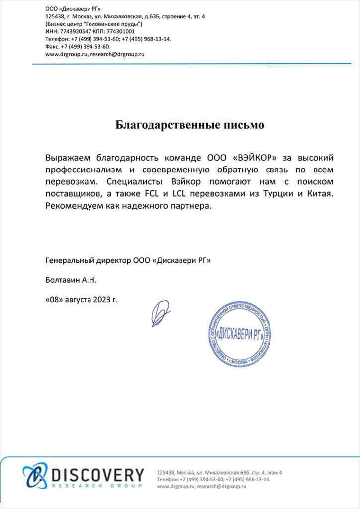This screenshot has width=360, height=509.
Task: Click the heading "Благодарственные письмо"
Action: (x=189, y=124)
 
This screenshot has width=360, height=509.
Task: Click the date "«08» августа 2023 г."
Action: (x=82, y=300)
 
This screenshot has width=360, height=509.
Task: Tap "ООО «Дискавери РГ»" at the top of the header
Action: (x=69, y=8)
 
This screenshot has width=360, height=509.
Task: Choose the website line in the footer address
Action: (x=202, y=487)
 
